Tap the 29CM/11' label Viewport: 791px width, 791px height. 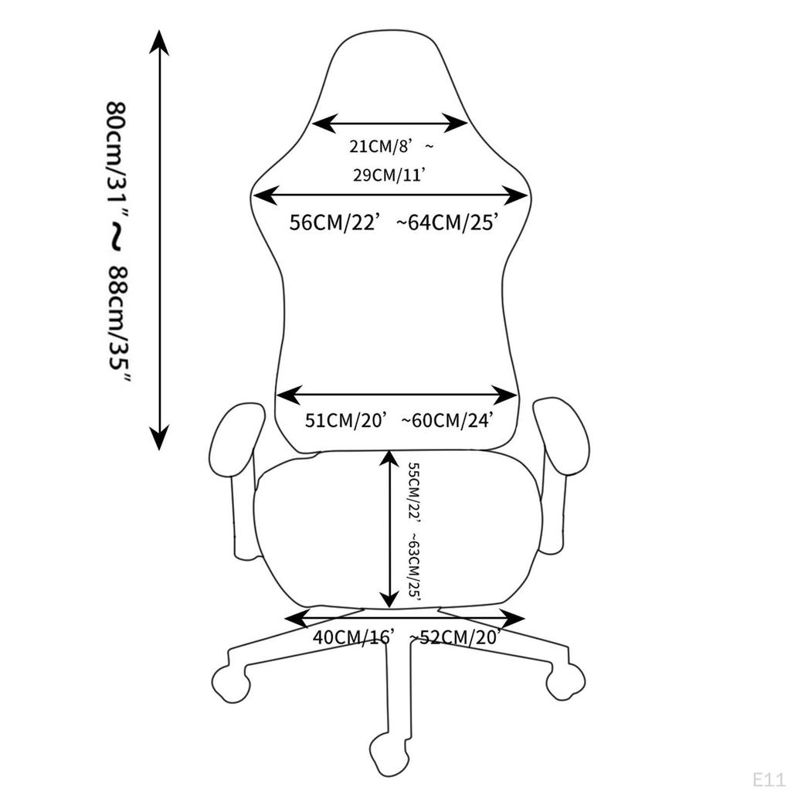[389, 175]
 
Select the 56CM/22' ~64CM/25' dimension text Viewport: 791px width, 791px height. [394, 222]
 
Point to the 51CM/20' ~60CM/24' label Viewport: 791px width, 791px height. [398, 419]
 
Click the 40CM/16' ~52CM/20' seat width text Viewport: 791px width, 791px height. [406, 637]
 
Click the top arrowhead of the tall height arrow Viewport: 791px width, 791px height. [159, 42]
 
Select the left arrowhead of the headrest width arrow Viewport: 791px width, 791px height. [324, 123]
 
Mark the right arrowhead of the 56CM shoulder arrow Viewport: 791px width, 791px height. [515, 195]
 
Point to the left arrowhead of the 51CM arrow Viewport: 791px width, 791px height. [289, 395]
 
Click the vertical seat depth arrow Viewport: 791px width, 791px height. [389, 528]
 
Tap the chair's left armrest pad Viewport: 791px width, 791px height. [236, 440]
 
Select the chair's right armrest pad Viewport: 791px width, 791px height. [562, 436]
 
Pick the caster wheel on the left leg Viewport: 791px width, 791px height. [231, 683]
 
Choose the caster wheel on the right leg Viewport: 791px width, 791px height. [566, 681]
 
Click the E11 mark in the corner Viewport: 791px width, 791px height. [769, 779]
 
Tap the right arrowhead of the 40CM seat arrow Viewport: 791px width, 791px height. [513, 618]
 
